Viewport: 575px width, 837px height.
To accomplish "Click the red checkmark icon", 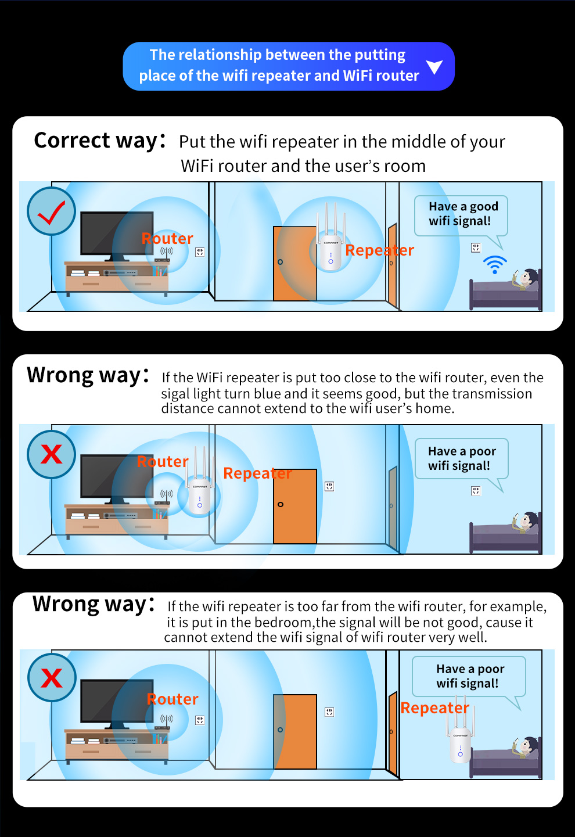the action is coord(51,212).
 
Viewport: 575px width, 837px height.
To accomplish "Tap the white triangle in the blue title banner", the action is coord(434,67).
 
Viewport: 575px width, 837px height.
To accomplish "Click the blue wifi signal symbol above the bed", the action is coord(495,264).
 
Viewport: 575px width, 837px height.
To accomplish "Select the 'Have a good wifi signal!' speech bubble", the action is coord(461,217).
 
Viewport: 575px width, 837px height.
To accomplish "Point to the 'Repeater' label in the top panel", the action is coord(380,250).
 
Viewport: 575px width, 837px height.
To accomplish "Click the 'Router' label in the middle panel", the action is coord(163,461).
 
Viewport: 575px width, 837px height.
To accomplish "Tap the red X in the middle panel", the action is coord(51,454).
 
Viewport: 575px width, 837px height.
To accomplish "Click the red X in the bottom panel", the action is coord(52,678).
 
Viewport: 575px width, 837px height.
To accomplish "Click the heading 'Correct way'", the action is coord(96,141).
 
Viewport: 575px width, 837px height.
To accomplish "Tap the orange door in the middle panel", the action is coord(295,506).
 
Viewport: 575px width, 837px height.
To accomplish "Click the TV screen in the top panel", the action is coord(117,234).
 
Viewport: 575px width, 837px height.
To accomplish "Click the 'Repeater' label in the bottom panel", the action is coord(435,707).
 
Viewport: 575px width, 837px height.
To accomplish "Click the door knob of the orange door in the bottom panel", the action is coord(280,730).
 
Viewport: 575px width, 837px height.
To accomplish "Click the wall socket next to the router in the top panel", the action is coord(200,252).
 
